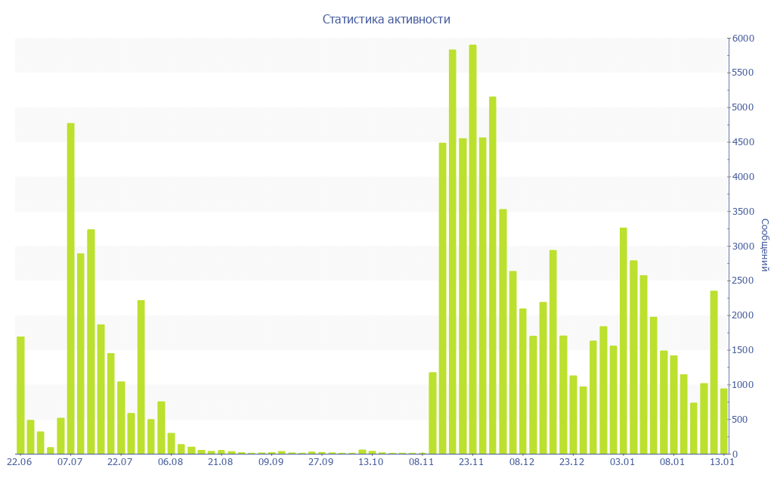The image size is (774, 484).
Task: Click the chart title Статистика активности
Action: click(386, 20)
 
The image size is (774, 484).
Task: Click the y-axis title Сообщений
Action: click(764, 245)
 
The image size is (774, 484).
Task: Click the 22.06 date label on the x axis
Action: click(19, 461)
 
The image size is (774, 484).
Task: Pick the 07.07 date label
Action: click(70, 461)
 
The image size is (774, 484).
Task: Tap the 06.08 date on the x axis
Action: click(170, 461)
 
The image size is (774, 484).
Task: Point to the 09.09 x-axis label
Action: click(271, 461)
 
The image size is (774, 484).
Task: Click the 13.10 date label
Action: click(371, 461)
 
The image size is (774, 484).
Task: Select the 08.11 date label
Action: click(422, 461)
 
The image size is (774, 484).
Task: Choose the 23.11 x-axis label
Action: click(472, 461)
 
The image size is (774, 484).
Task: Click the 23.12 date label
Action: click(572, 461)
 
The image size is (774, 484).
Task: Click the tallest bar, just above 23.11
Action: click(472, 250)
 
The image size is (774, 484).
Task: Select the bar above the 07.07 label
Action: click(71, 288)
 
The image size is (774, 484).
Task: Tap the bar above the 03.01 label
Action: click(624, 340)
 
